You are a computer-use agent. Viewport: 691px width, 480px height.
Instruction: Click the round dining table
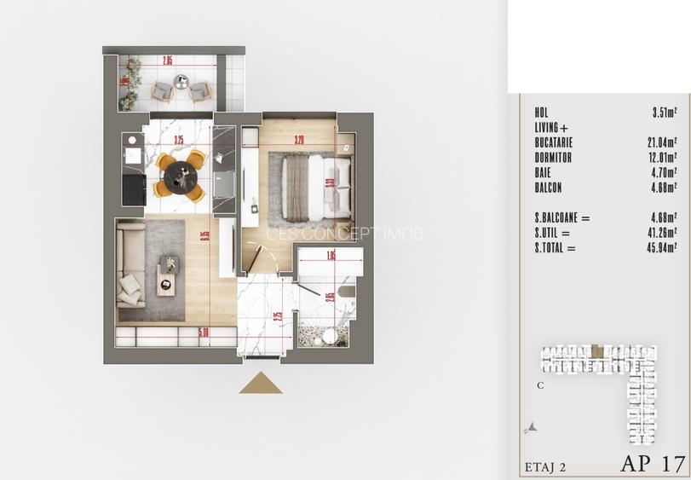pos(181,176)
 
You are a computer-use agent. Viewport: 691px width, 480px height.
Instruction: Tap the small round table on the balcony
pos(181,82)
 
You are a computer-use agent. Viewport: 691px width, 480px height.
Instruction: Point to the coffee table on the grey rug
pos(169,275)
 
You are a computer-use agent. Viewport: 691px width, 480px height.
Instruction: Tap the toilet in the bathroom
pos(348,292)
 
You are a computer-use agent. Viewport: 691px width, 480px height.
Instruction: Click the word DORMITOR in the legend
pos(553,158)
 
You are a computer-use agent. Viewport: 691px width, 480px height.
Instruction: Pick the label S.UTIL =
pos(553,233)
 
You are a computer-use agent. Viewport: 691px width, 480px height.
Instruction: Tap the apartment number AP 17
pos(653,464)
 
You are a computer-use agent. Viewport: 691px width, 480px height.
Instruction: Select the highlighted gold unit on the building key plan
pos(598,350)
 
